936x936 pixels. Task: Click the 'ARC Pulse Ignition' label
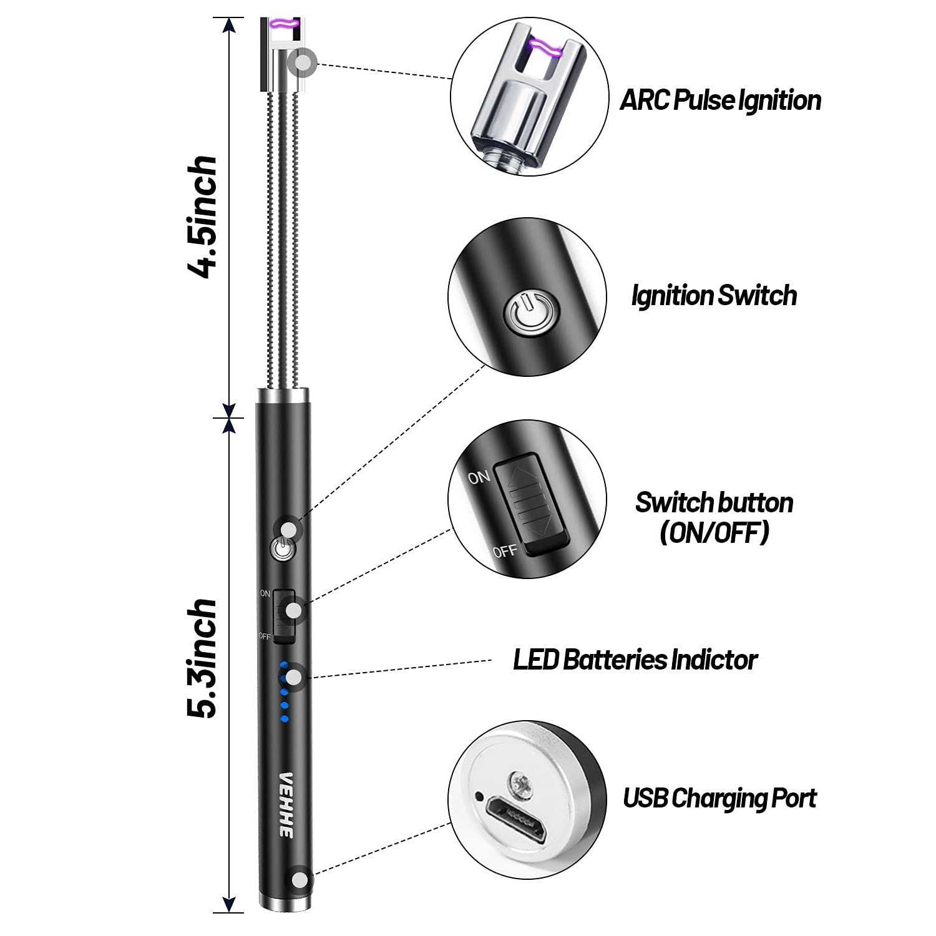point(720,100)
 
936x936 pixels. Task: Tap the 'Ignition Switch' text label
point(714,296)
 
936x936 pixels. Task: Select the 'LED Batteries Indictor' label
point(635,660)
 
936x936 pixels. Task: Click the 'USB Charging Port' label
point(719,799)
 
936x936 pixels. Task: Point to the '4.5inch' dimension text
point(203,216)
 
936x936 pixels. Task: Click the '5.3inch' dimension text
point(203,658)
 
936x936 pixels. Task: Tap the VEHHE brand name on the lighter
point(286,805)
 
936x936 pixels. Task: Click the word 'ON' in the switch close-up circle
point(479,478)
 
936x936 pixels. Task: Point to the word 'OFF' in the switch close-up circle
point(504,551)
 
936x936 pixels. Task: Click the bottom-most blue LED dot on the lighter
point(285,719)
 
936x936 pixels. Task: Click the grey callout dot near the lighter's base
point(301,880)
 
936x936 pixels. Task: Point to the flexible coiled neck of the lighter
point(284,237)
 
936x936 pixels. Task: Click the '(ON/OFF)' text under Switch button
point(714,533)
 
